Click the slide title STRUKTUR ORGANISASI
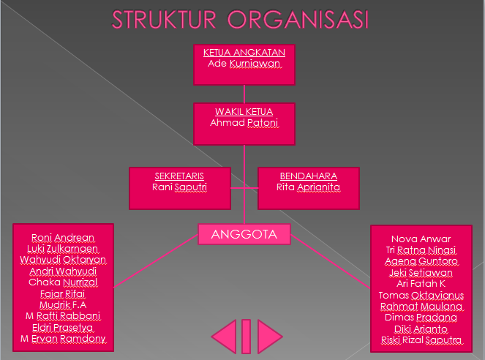coord(241,20)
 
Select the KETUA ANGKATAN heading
coord(244,52)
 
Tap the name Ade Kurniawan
coord(244,64)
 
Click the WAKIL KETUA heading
coord(244,111)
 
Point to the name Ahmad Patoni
coord(244,123)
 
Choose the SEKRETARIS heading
coord(179,176)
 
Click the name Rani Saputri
coord(179,187)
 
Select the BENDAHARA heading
coord(309,176)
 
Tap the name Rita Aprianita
coord(309,187)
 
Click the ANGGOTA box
coord(244,234)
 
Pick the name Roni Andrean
coord(63,238)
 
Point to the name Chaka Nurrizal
coord(63,282)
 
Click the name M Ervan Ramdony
coord(63,339)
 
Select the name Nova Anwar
coord(421,239)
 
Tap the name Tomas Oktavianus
coord(421,295)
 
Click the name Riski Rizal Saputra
coord(421,340)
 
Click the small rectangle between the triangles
coord(247,336)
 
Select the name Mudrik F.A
coord(63,305)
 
